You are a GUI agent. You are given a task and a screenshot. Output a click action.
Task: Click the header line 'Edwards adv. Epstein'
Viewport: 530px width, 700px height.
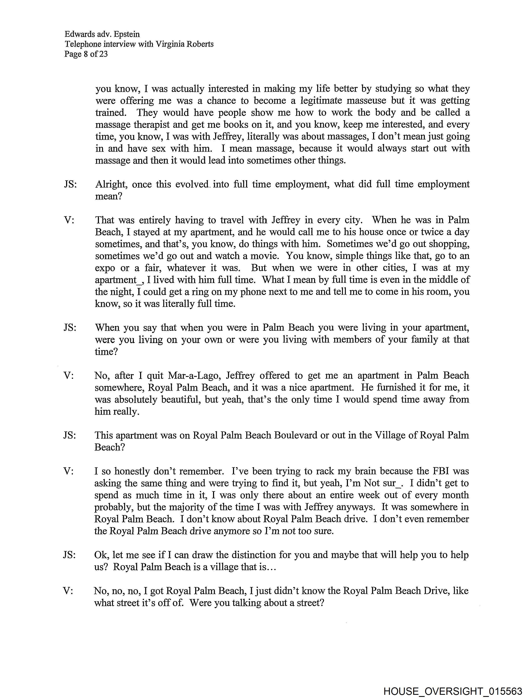[102, 34]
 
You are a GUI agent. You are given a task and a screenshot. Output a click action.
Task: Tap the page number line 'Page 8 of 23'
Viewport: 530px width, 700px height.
[86, 54]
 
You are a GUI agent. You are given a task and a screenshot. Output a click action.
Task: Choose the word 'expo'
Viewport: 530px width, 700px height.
[105, 268]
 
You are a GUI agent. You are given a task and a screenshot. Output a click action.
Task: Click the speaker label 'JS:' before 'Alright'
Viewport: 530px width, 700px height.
[70, 184]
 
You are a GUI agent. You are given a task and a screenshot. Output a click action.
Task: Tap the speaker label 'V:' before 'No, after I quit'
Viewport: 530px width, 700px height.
[69, 376]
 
